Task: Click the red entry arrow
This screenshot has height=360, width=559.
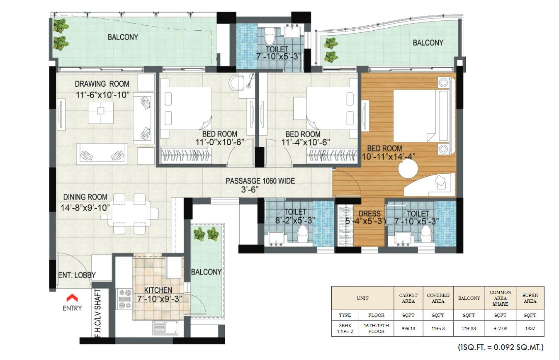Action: pyautogui.click(x=72, y=297)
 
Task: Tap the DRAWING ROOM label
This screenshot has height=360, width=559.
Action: pyautogui.click(x=102, y=84)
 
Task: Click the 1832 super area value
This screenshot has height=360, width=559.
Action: pyautogui.click(x=530, y=328)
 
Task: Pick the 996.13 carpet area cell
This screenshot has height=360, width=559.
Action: pyautogui.click(x=408, y=328)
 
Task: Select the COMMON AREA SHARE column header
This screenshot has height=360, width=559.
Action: pyautogui.click(x=500, y=298)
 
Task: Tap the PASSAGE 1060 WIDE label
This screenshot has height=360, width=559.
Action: pyautogui.click(x=260, y=181)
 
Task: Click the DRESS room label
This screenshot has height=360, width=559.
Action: pyautogui.click(x=369, y=214)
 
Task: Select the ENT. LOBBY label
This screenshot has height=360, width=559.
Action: pyautogui.click(x=77, y=275)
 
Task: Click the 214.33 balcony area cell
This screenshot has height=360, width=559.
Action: pyautogui.click(x=469, y=328)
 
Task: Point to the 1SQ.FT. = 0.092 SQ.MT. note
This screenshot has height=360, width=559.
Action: pyautogui.click(x=500, y=347)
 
